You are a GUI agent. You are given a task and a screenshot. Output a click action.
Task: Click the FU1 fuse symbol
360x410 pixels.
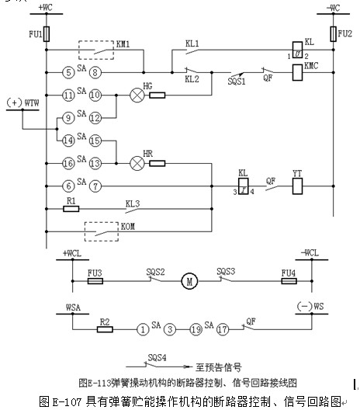[47, 34]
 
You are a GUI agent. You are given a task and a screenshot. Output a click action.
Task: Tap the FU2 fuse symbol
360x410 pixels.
[333, 34]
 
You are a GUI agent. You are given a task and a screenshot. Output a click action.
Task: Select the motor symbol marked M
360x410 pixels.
[189, 281]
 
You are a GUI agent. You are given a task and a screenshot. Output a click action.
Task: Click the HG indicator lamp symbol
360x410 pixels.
[137, 96]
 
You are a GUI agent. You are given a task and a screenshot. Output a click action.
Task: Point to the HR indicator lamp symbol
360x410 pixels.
[137, 163]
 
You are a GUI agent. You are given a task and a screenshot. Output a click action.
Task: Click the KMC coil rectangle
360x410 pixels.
[298, 72]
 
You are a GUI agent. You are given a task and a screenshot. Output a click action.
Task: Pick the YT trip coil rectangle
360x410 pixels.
[298, 186]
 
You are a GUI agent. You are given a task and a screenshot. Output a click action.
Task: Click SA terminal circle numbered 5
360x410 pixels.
[68, 72]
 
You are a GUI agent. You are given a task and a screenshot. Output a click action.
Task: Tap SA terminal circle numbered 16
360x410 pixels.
[68, 163]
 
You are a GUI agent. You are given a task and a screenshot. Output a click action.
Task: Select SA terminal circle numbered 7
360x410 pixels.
[95, 186]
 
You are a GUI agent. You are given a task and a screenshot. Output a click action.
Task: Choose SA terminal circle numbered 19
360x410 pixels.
[196, 329]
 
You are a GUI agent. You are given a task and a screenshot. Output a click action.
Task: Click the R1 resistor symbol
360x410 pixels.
[71, 209]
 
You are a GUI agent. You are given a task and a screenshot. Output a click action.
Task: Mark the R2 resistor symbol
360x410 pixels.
[105, 329]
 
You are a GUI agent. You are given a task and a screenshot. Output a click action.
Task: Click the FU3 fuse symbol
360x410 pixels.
[95, 281]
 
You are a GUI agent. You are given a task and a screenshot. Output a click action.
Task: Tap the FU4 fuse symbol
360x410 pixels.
[289, 281]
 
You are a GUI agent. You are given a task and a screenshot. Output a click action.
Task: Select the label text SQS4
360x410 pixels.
[157, 357]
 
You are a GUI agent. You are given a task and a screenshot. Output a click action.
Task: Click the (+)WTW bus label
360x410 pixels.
[22, 102]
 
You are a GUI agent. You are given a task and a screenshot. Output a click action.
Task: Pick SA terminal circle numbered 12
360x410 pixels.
[95, 118]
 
